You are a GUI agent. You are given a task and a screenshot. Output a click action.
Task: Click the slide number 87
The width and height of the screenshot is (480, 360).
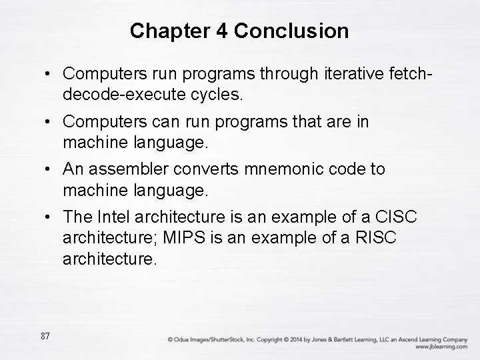click(45, 336)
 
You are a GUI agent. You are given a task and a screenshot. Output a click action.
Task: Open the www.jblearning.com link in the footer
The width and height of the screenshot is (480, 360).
click(441, 347)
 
